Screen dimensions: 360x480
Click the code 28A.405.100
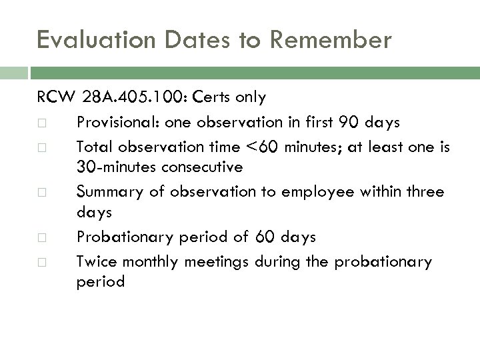click(135, 98)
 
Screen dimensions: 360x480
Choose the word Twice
click(96, 261)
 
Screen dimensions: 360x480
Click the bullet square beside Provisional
click(43, 123)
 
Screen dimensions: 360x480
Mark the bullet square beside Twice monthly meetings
click(43, 262)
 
